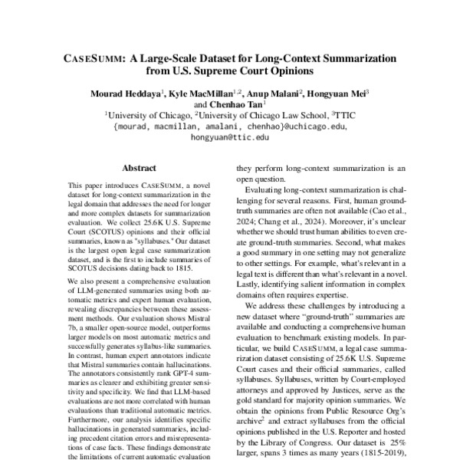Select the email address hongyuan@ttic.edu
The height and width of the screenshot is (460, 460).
pos(230,137)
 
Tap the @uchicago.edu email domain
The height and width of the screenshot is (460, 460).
pos(310,127)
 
